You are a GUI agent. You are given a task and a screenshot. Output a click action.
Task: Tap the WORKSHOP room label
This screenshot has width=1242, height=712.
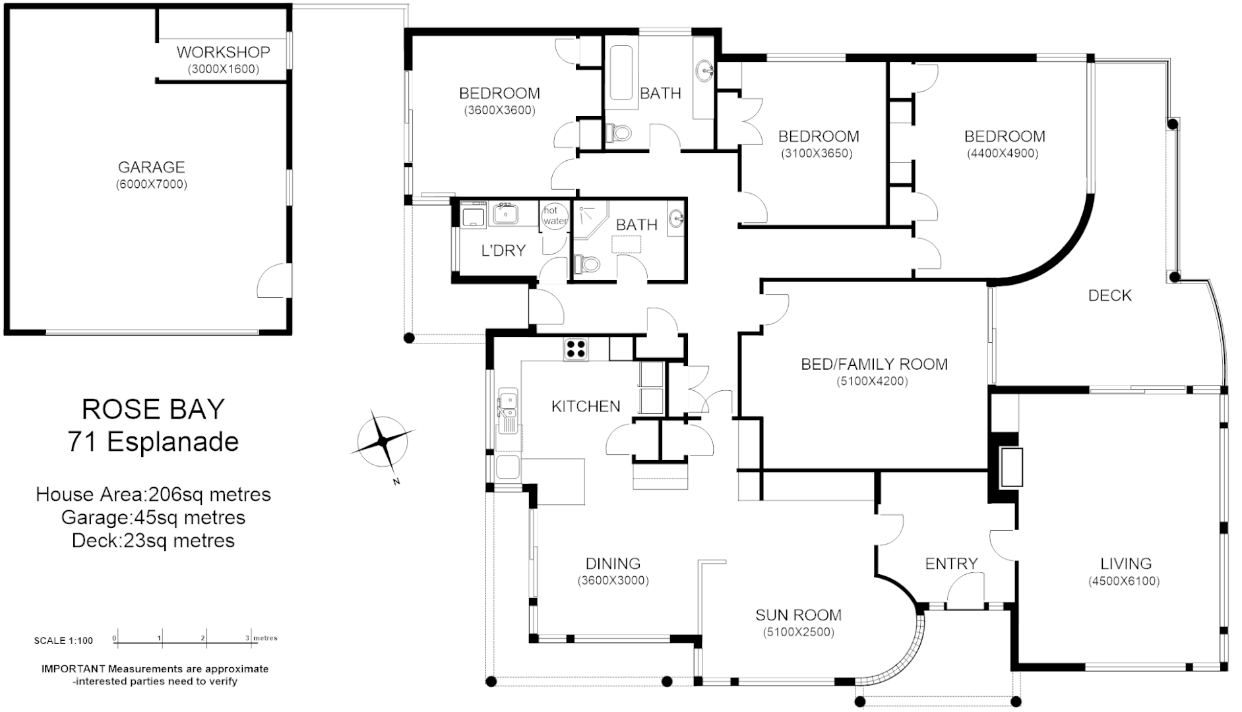click(x=223, y=52)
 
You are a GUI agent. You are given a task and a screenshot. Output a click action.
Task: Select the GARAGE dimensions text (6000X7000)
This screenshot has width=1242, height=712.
click(x=151, y=185)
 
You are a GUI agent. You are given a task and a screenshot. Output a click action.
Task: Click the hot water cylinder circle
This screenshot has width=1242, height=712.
click(x=554, y=216)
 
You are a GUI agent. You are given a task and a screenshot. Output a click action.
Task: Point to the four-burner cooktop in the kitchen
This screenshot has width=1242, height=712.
click(x=576, y=348)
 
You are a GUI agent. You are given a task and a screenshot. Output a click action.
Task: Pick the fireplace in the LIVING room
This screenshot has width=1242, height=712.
click(x=1010, y=467)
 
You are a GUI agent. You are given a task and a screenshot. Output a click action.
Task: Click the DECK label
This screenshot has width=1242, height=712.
click(x=1109, y=295)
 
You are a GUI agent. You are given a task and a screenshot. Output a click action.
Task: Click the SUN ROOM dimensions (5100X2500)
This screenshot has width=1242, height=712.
click(x=798, y=632)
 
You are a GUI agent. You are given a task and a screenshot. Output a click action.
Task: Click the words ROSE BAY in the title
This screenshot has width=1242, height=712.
click(x=153, y=409)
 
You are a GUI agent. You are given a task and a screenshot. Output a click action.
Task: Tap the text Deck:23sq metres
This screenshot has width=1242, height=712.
click(x=153, y=541)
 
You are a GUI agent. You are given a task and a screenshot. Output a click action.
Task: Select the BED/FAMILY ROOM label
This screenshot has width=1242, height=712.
click(x=874, y=364)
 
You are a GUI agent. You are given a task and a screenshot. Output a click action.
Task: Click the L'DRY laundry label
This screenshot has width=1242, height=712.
click(x=503, y=251)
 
